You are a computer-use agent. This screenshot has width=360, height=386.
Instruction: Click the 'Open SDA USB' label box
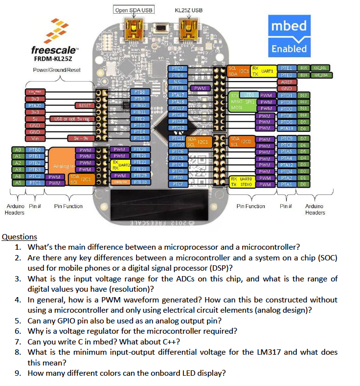pyautogui.click(x=133, y=10)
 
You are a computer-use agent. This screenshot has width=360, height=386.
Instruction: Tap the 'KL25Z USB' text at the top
pyautogui.click(x=188, y=10)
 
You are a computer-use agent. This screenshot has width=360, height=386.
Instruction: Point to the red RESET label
pyautogui.click(x=83, y=105)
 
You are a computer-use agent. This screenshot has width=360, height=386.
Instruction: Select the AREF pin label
pyautogui.click(x=287, y=82)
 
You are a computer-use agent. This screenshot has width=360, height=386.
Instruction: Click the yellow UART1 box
pyautogui.click(x=267, y=71)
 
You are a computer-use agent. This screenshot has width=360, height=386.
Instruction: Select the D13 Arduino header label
pyautogui.click(x=303, y=95)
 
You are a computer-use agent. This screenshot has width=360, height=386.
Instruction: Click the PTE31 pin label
pyautogui.click(x=178, y=88)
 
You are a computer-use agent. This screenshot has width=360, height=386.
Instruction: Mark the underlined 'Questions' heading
pyautogui.click(x=20, y=237)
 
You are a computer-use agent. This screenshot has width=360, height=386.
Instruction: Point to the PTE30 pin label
pyautogui.click(x=140, y=182)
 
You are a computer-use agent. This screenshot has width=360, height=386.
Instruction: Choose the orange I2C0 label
pyautogui.click(x=246, y=141)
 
